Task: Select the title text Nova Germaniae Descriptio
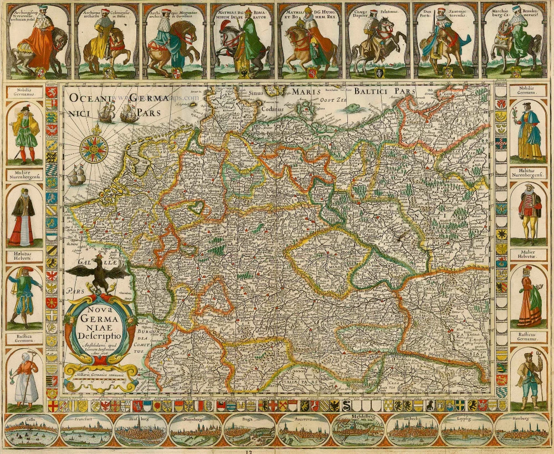pos(100,327)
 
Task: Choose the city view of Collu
pos(31,430)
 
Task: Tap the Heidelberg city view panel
pos(358,430)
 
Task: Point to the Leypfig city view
pos(466,430)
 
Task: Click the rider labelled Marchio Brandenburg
pos(515,42)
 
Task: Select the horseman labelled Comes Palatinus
pos(379,42)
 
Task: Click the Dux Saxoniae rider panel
pos(446,42)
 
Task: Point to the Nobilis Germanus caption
pos(24,92)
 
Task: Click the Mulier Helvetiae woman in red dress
pos(529,296)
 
